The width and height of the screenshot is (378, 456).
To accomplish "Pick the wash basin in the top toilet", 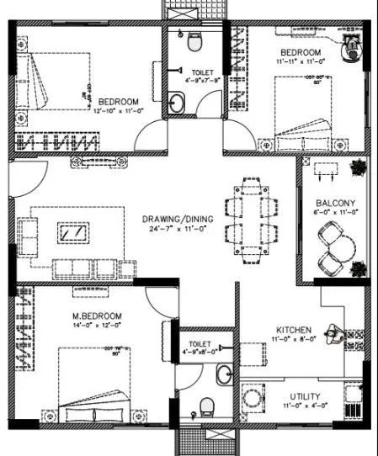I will (x=176, y=103).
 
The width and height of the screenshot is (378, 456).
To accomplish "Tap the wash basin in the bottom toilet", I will (x=221, y=373).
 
